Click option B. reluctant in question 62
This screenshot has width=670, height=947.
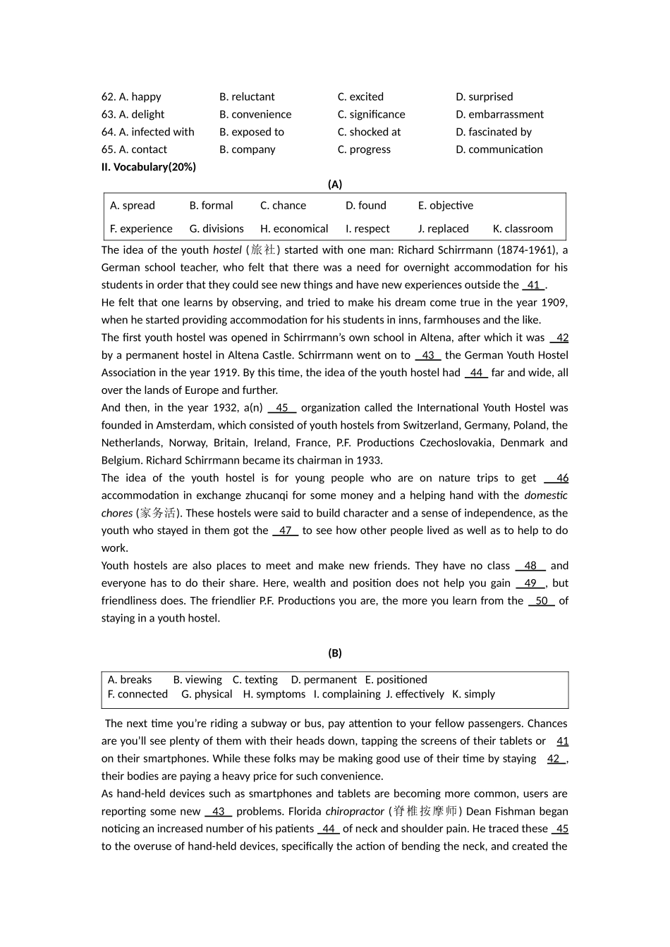[247, 97]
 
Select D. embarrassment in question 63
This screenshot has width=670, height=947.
[499, 114]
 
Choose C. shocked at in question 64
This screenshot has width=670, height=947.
[369, 132]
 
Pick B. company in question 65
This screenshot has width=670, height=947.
[247, 149]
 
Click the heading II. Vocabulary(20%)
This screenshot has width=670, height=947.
[149, 167]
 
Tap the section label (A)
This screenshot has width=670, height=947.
[335, 184]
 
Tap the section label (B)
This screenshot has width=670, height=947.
[335, 652]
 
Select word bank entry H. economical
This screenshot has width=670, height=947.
[294, 228]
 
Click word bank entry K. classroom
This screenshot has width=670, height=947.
[523, 228]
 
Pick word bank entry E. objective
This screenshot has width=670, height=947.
[445, 205]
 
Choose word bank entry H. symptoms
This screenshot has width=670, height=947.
[274, 694]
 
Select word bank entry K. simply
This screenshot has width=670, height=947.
[473, 694]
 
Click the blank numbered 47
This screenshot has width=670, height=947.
[286, 531]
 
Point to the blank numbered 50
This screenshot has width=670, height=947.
[542, 601]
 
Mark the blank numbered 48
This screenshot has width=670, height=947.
[530, 566]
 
